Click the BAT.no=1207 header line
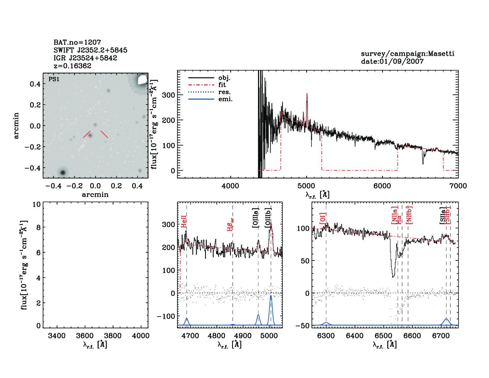pyautogui.click(x=77, y=42)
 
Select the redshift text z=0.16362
pyautogui.click(x=72, y=66)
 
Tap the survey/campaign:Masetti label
pyautogui.click(x=407, y=54)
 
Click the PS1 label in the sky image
pyautogui.click(x=54, y=79)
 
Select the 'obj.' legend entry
pyautogui.click(x=224, y=78)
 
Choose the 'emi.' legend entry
pyautogui.click(x=225, y=99)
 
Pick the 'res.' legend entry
pyautogui.click(x=224, y=92)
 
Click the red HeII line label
pyautogui.click(x=184, y=222)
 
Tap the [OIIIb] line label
pyautogui.click(x=268, y=218)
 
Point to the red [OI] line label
pyautogui.click(x=323, y=218)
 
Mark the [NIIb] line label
pyautogui.click(x=410, y=215)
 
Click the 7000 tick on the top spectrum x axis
pyautogui.click(x=458, y=186)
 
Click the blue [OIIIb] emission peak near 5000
pyautogui.click(x=271, y=296)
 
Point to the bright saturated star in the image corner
pyautogui.click(x=143, y=79)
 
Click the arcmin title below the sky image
pyautogui.click(x=95, y=195)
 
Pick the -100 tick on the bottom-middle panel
pyautogui.click(x=166, y=316)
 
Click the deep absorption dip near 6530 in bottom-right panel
pyautogui.click(x=393, y=276)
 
